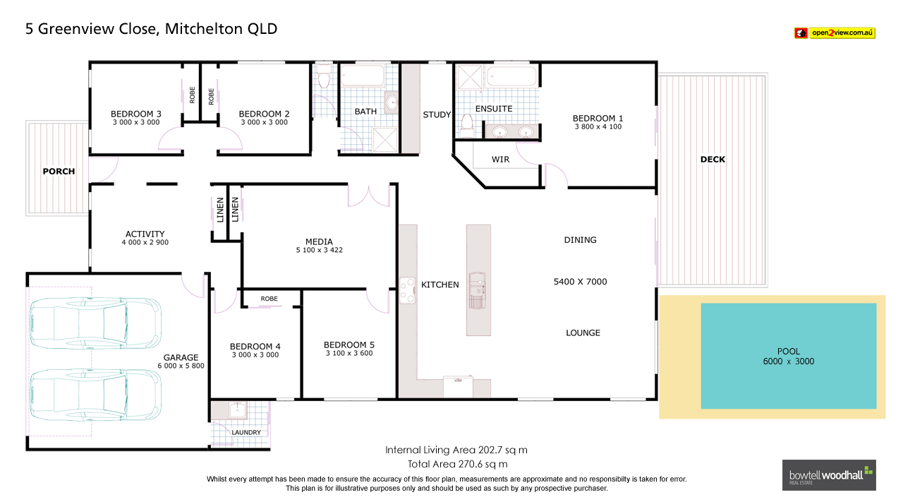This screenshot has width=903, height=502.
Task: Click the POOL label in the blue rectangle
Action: pos(788,351)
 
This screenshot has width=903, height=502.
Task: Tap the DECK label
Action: pos(713,160)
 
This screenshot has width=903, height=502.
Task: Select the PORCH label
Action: pos(59,172)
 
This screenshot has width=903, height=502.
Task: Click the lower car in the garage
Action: pos(95,395)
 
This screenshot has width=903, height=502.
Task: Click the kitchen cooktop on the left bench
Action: pos(408,289)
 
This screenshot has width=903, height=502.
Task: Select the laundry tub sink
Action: pos(238,410)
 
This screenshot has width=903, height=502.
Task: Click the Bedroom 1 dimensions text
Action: pos(598,127)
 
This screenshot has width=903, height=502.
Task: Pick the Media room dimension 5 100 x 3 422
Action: pos(319,250)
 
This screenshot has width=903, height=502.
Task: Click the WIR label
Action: pos(500,160)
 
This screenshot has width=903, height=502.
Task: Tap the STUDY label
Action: pos(437,114)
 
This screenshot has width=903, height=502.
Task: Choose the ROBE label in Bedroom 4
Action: pos(269,299)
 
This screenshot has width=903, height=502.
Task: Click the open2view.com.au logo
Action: pos(835,32)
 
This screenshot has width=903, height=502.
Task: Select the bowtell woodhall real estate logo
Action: pos(828,475)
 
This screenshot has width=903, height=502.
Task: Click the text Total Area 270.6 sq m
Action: pos(457,464)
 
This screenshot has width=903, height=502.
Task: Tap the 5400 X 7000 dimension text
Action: pos(580,282)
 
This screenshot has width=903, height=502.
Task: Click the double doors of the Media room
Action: pos(369,196)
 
